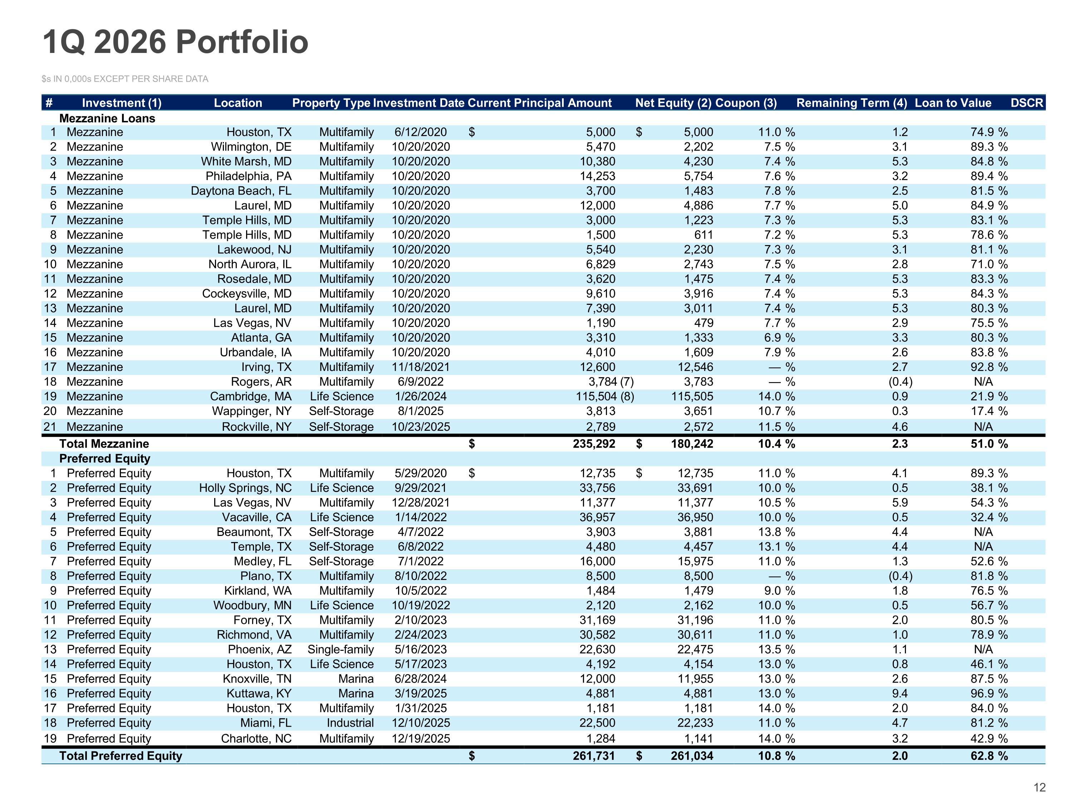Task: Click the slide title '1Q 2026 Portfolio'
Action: tap(176, 42)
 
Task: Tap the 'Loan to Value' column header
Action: tap(953, 103)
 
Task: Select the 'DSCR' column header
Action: tap(1027, 103)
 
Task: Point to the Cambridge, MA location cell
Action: tap(251, 396)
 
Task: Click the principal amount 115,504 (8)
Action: tap(605, 396)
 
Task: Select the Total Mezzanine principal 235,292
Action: tap(594, 444)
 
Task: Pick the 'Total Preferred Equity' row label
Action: tap(121, 756)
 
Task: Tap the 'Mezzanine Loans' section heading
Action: tap(107, 118)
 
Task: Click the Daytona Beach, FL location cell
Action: tap(241, 191)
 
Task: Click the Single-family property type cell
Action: tap(340, 649)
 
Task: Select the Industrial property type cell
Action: tap(350, 722)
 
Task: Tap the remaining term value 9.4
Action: tap(900, 693)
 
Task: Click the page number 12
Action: tap(1039, 787)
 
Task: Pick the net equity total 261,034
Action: tap(692, 756)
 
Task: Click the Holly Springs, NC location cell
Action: tap(245, 488)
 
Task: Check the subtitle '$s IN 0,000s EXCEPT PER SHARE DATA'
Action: tap(125, 79)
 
